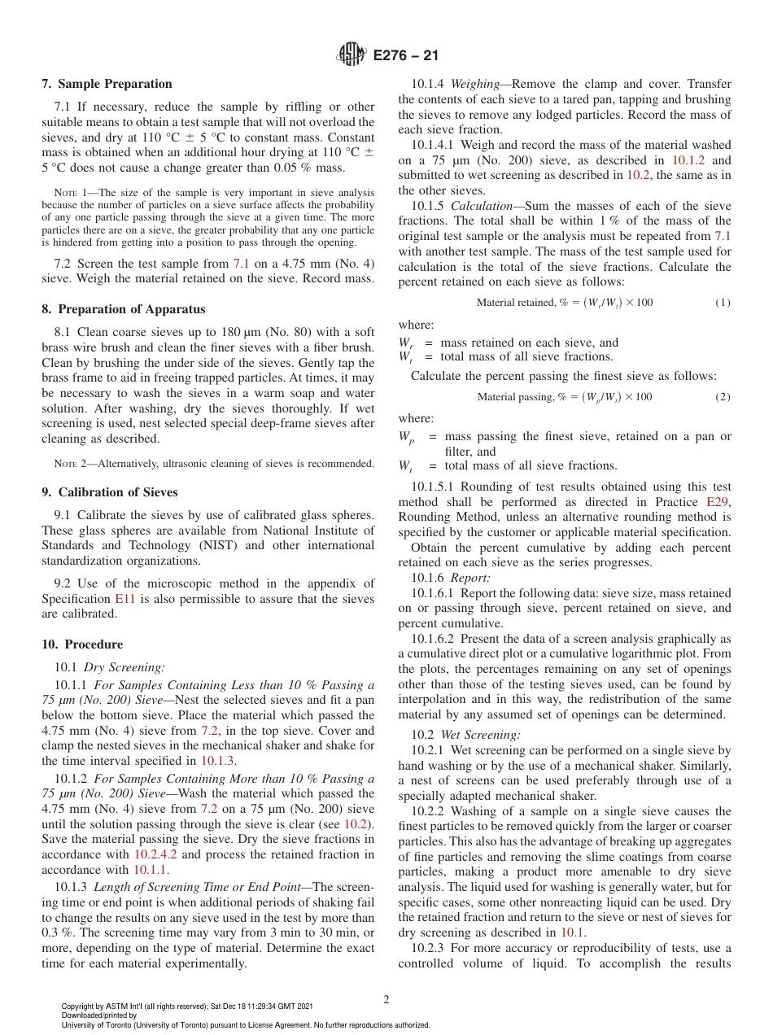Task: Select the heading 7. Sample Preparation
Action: (x=107, y=84)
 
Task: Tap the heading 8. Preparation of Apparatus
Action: (x=123, y=309)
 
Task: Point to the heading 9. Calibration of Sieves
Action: (x=110, y=492)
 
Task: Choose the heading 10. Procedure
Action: (x=82, y=644)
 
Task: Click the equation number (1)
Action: (x=723, y=303)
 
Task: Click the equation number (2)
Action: (x=723, y=396)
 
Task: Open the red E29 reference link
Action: (x=717, y=502)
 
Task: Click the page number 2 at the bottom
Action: (x=386, y=999)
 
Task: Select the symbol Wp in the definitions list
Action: (x=406, y=437)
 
